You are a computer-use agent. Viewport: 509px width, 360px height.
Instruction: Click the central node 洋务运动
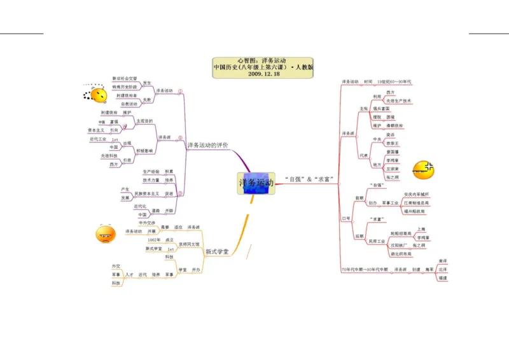click(256, 183)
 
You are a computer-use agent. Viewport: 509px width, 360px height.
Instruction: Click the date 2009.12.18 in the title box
click(263, 73)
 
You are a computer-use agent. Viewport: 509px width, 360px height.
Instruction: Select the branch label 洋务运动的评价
click(207, 146)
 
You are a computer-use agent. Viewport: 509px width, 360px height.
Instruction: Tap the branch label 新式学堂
click(217, 252)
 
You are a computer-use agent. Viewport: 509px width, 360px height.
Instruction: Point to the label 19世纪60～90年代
click(394, 82)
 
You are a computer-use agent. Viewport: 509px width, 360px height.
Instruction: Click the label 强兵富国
click(382, 109)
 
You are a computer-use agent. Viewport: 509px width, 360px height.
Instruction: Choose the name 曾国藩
click(393, 152)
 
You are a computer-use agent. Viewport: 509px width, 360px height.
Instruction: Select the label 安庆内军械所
click(417, 194)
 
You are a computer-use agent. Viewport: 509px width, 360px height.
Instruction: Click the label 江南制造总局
click(417, 203)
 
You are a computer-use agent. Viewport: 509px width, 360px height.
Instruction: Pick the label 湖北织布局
click(400, 254)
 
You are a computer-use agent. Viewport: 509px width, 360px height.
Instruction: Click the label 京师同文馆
click(188, 244)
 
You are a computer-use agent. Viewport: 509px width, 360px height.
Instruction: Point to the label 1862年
click(154, 240)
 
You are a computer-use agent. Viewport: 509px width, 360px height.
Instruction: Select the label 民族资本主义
click(147, 193)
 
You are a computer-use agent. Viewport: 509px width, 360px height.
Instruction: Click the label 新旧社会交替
click(125, 78)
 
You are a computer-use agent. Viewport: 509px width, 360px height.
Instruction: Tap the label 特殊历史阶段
click(125, 87)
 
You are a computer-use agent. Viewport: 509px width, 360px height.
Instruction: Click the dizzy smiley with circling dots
click(98, 95)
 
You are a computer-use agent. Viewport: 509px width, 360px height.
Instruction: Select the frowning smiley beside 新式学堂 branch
click(105, 235)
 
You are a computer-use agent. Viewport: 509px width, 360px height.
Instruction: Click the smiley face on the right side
click(423, 169)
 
